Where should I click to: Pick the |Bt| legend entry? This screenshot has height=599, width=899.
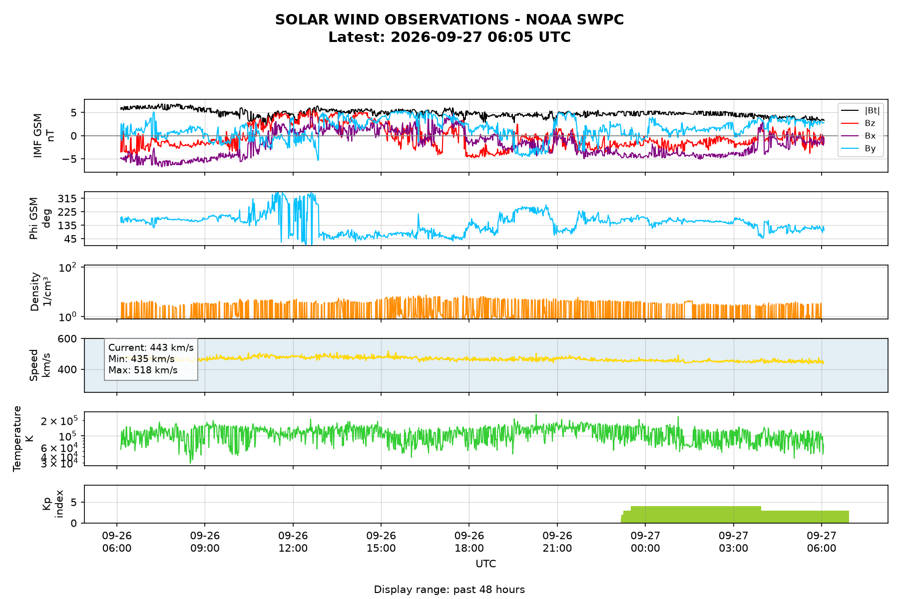click(x=861, y=110)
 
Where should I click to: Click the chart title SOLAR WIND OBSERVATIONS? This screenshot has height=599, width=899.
click(x=449, y=19)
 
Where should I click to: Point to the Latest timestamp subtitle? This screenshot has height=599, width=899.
click(x=449, y=37)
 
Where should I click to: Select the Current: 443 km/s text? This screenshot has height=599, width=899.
click(x=151, y=347)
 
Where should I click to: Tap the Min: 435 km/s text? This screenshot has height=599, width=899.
click(x=141, y=359)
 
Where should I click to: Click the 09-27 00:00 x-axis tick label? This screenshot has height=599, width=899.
click(x=645, y=542)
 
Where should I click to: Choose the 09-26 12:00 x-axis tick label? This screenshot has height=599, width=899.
click(x=293, y=542)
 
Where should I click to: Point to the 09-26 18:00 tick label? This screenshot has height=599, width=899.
click(x=469, y=542)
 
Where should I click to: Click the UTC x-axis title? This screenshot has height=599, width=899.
click(x=486, y=564)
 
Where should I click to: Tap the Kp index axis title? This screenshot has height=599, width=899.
click(x=53, y=504)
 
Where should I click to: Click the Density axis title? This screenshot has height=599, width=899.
click(x=40, y=292)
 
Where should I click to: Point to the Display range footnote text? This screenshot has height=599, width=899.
click(x=449, y=590)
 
